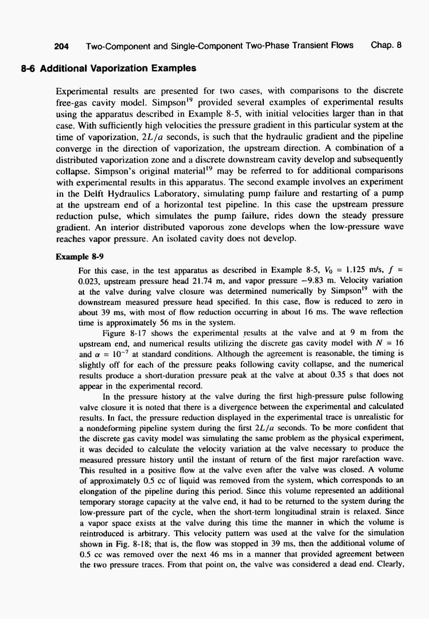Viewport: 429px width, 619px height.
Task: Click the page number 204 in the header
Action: (61, 46)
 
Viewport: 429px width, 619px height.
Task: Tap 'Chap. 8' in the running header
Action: (386, 45)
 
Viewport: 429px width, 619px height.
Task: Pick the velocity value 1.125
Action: (353, 270)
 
